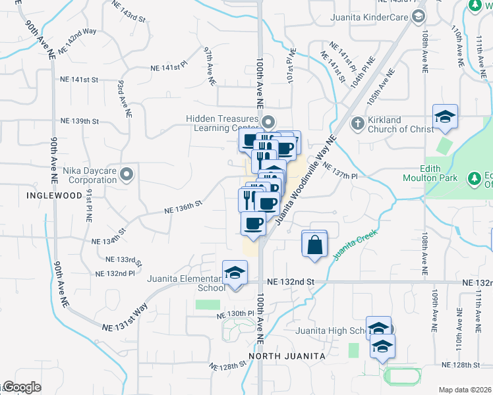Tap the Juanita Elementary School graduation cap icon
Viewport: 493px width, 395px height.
tap(234, 274)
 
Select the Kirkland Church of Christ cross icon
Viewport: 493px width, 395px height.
tap(357, 123)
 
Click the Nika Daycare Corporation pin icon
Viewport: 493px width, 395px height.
tap(127, 174)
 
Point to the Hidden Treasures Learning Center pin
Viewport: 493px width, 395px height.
tap(268, 122)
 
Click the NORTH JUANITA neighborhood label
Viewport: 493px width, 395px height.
tap(287, 356)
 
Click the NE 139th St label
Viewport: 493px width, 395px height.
tap(79, 121)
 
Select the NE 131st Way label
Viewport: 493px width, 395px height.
tap(125, 319)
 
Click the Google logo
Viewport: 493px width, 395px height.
tap(22, 387)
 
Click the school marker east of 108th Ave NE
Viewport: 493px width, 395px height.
tap(445, 117)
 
